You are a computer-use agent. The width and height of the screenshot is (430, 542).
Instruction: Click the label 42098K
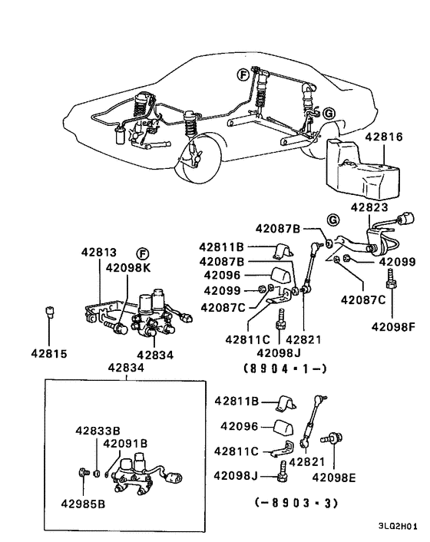128,268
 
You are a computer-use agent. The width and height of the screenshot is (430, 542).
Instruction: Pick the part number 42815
49,355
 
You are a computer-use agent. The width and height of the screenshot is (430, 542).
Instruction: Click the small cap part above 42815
49,311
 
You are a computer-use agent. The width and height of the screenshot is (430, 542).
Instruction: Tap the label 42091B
125,443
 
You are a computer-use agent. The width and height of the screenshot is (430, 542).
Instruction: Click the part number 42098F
393,326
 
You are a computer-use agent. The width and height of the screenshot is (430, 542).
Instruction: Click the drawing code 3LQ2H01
398,527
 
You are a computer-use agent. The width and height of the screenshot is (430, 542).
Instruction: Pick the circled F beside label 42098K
142,253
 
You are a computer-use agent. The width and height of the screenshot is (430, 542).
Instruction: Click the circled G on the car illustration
329,113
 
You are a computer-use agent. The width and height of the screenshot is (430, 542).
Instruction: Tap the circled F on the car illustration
243,74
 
